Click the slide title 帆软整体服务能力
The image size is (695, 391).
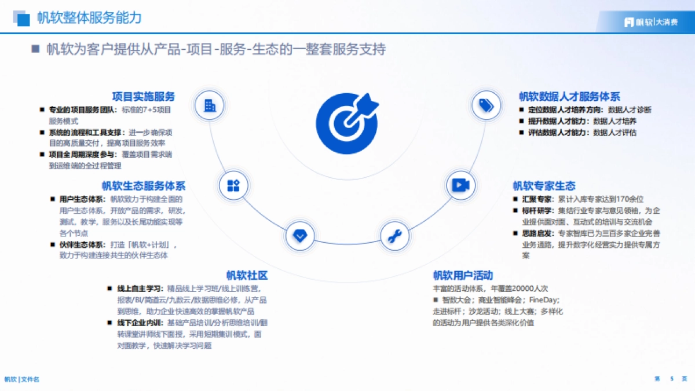(x=89, y=17)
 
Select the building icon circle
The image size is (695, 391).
(x=210, y=105)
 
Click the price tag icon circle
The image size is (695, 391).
(x=485, y=105)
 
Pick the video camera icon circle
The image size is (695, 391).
(x=460, y=185)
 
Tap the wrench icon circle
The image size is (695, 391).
(x=394, y=236)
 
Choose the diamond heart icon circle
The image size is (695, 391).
(x=300, y=236)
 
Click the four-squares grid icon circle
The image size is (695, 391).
(x=233, y=185)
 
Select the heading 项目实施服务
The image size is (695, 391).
(x=144, y=96)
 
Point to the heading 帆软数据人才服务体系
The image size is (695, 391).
(x=569, y=96)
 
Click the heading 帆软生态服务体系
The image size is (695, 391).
(x=144, y=186)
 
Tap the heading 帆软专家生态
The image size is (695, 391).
(x=544, y=186)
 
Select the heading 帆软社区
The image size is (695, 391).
(x=247, y=275)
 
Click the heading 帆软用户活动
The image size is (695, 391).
(x=463, y=275)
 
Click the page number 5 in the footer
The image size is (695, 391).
(x=672, y=379)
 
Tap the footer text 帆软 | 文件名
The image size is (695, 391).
(x=22, y=379)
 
